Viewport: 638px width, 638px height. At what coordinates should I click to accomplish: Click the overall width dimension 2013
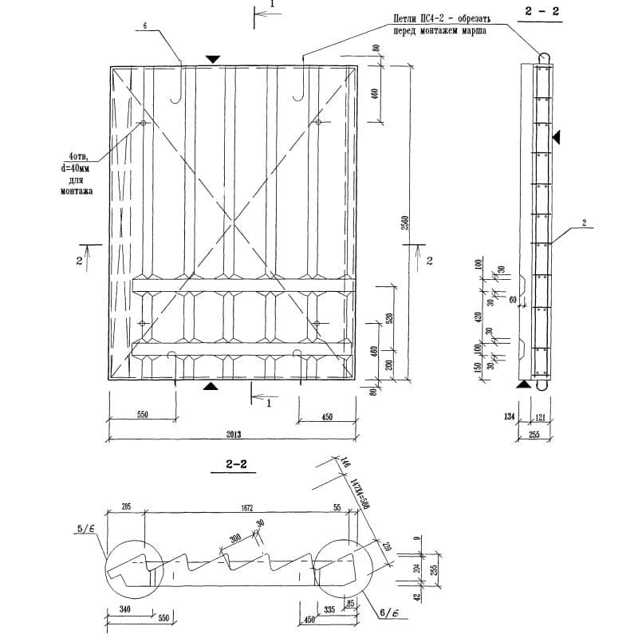point(233,435)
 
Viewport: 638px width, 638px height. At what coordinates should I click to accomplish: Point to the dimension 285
point(126,507)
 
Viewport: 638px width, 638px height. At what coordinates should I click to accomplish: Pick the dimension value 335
point(328,609)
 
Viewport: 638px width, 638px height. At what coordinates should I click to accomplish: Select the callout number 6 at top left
point(146,26)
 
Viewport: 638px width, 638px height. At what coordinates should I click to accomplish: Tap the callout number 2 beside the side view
point(584,224)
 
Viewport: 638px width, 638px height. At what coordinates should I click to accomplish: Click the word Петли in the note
point(408,17)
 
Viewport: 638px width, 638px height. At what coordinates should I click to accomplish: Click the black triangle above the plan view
point(212,59)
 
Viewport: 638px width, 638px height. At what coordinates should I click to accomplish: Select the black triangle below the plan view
point(210,387)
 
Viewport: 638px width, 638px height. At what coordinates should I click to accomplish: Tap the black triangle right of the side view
point(558,138)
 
